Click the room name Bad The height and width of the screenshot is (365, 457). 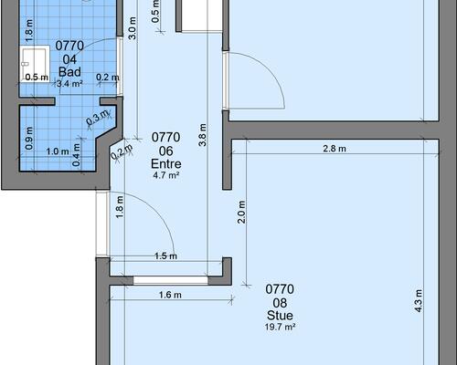(69, 72)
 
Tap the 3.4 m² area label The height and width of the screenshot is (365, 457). (69, 84)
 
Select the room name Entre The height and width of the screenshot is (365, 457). (166, 164)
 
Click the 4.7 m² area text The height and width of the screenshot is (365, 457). (166, 175)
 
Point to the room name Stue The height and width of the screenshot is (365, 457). (280, 316)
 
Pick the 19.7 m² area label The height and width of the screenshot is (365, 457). (280, 327)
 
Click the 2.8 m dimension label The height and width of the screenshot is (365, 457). (335, 149)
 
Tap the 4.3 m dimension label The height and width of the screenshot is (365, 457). (419, 301)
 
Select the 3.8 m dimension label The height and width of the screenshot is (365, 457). (203, 135)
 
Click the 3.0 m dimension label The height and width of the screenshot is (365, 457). (133, 28)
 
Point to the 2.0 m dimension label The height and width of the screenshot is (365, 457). (241, 212)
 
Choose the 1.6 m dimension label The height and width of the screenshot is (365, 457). (170, 295)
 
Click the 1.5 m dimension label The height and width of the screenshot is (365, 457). (165, 256)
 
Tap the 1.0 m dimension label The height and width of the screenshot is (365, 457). (58, 151)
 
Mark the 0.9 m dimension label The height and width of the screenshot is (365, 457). (29, 139)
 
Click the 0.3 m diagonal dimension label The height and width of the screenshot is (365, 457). (98, 118)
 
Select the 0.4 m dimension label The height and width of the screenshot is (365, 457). (76, 155)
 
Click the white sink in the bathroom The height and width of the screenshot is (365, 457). (35, 64)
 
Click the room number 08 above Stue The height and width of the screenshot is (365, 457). (280, 303)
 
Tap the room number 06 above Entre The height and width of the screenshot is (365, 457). (166, 151)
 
